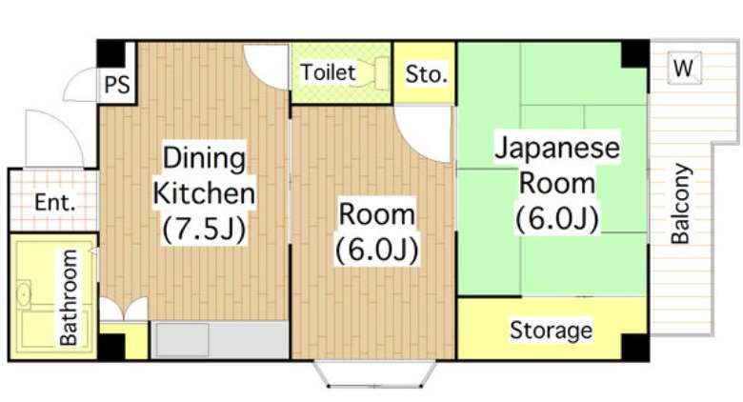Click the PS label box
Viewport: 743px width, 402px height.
[x=117, y=85]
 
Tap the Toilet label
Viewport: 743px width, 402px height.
[x=328, y=71]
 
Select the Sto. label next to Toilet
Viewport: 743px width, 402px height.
[x=426, y=73]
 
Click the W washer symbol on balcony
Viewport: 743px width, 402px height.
[x=683, y=68]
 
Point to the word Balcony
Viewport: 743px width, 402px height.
[x=680, y=204]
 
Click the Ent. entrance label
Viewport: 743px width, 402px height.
[x=53, y=202]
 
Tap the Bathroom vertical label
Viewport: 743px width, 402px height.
[x=70, y=296]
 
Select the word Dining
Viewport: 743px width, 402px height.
[x=204, y=157]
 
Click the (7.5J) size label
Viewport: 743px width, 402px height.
[x=204, y=230]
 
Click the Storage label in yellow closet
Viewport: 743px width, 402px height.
[x=551, y=331]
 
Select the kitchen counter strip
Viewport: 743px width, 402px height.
[x=219, y=340]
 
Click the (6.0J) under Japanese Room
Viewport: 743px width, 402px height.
[x=556, y=219]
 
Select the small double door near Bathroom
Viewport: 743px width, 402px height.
[x=124, y=311]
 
